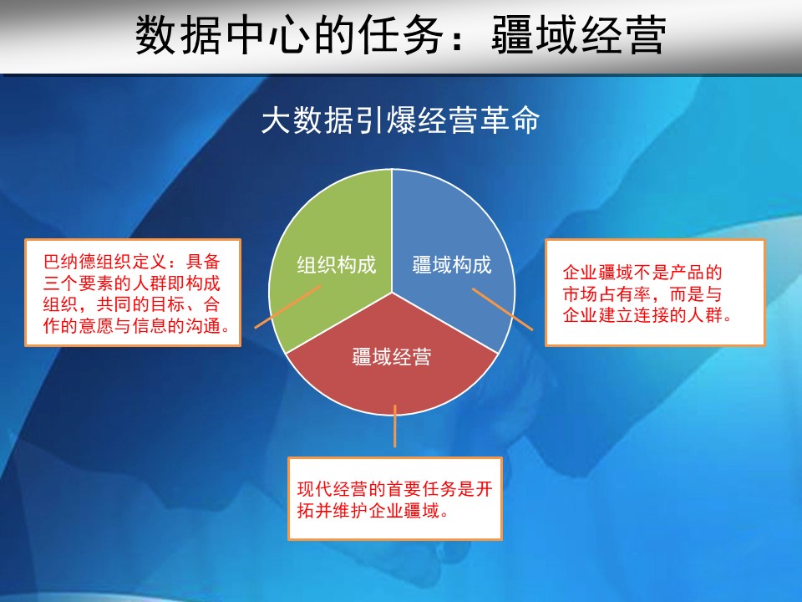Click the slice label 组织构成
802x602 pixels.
pyautogui.click(x=337, y=265)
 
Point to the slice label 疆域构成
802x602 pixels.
pyautogui.click(x=452, y=265)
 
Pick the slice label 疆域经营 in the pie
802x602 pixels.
pyautogui.click(x=392, y=356)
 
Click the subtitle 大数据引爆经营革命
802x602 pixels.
pyautogui.click(x=400, y=120)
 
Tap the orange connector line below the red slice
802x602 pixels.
pyautogui.click(x=395, y=426)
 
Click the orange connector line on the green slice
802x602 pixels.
pyautogui.click(x=288, y=307)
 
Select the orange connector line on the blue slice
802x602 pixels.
pyautogui.click(x=502, y=309)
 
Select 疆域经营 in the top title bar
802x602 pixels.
pyautogui.click(x=579, y=35)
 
